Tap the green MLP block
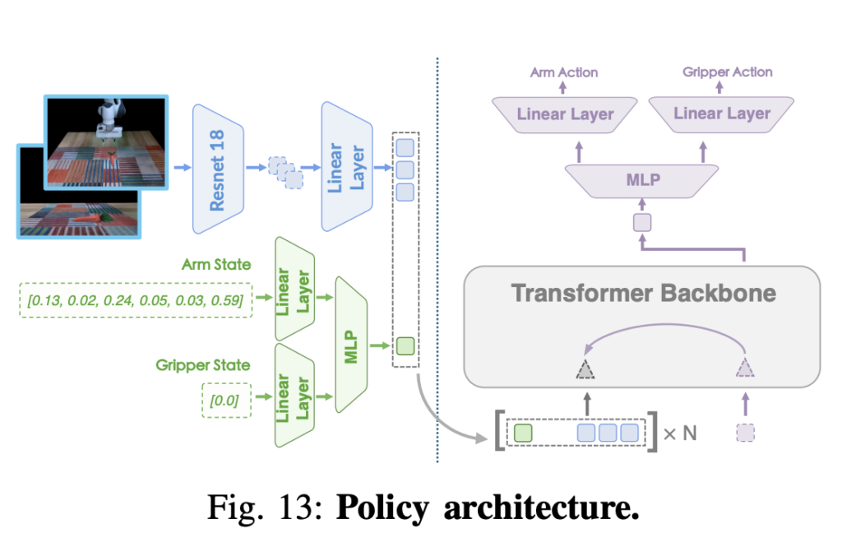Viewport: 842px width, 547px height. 352,344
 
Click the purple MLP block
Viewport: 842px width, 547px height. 643,179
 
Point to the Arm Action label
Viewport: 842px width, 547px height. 564,72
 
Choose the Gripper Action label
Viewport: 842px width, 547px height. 728,72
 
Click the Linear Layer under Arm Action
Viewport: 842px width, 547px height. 565,114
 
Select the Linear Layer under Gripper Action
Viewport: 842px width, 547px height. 722,114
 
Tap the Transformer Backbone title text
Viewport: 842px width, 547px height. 643,293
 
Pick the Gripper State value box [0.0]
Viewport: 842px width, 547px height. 224,401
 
